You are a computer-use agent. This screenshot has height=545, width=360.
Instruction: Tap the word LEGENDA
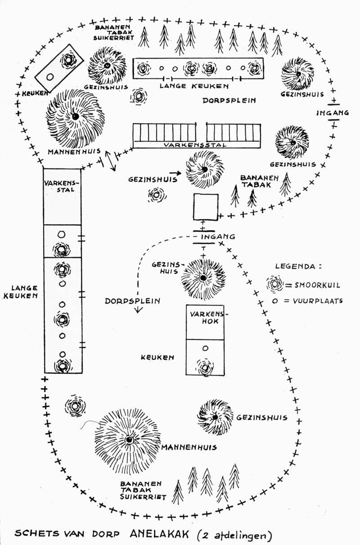pos(295,266)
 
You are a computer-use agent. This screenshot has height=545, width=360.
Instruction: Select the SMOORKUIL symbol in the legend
pos(275,284)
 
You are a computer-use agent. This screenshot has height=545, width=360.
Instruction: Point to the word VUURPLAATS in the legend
pos(318,301)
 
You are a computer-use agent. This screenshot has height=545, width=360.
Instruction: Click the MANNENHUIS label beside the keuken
pos(74,152)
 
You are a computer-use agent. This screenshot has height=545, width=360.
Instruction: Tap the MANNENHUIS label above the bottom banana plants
pos(189,447)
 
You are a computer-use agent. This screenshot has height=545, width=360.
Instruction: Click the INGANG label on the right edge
pos(333,113)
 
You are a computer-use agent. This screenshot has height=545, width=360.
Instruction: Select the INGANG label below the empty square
pos(218,237)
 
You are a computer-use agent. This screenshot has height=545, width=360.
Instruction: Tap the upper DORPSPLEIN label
pos(229,100)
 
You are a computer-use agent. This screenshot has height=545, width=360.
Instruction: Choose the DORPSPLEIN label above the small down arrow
pos(132,301)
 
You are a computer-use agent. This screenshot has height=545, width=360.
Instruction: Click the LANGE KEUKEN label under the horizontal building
pos(194,86)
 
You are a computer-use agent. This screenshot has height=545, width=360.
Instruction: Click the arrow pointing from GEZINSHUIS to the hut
pos(175,173)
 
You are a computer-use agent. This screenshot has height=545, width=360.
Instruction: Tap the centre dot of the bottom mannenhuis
pos(129,440)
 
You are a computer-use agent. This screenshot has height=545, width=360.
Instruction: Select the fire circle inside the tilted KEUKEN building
pos(50,77)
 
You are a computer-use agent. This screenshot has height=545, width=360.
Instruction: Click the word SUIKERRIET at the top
pos(114,38)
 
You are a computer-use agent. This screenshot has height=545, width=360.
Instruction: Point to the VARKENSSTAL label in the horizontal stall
pos(195,145)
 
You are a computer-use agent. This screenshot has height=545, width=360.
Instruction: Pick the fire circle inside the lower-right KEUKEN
pos(206,348)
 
